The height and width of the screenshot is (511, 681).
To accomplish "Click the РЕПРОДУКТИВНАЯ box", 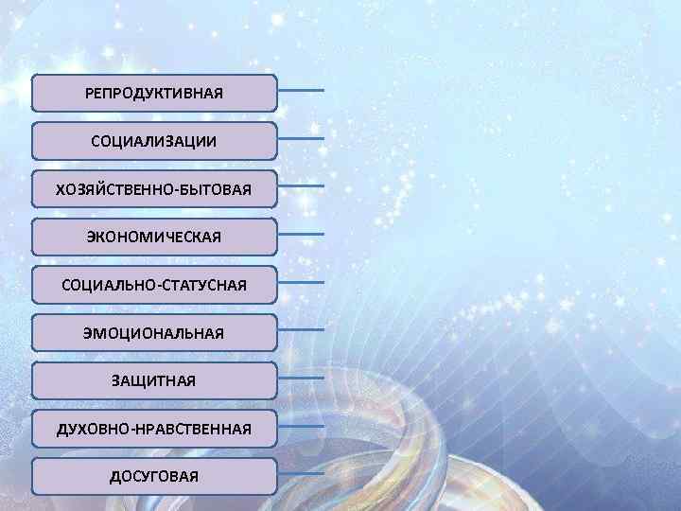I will [x=154, y=94].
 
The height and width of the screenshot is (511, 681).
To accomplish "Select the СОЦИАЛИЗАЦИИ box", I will [x=154, y=141].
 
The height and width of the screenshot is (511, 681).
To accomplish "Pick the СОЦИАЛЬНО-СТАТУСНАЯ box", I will [x=154, y=284].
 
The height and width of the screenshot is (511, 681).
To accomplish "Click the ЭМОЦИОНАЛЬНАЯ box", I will [x=154, y=332].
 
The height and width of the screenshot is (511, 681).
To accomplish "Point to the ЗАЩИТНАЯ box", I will [x=154, y=380].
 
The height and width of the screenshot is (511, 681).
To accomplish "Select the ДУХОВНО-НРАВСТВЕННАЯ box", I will [x=154, y=429].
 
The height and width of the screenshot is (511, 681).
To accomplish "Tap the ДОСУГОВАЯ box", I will [x=154, y=476].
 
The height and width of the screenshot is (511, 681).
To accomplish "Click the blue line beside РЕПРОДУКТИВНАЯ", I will [x=302, y=91].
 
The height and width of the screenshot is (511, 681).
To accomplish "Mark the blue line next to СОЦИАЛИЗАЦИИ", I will [x=302, y=138].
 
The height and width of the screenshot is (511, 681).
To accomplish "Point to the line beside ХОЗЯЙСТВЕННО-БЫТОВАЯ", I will [x=302, y=186].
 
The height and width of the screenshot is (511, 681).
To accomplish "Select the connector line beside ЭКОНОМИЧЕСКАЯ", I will [x=302, y=234].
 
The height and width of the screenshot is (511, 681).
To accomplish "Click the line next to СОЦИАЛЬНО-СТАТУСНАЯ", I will [x=302, y=282].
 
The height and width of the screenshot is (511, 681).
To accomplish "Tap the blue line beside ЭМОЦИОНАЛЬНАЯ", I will [x=302, y=330].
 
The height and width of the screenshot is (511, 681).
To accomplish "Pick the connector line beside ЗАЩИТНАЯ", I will [x=302, y=378].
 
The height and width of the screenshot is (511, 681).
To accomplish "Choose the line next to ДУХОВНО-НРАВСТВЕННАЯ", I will [x=302, y=426].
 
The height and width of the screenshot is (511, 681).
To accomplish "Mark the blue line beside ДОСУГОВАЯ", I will [x=302, y=473].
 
